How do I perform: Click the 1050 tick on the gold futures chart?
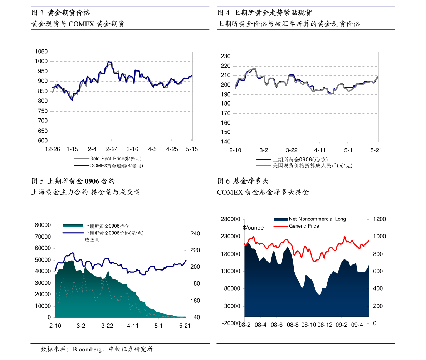[41, 52]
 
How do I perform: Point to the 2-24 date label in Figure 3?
[112, 149]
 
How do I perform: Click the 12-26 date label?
[53, 149]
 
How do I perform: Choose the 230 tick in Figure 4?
[225, 56]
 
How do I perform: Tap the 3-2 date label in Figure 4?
[264, 150]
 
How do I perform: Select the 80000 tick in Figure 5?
[43, 225]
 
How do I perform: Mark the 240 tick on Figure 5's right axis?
[195, 233]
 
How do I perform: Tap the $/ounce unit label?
[253, 228]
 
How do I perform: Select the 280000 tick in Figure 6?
[230, 219]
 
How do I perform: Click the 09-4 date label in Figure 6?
[357, 325]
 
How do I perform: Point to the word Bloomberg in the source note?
[87, 349]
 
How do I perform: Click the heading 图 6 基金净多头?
[243, 181]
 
